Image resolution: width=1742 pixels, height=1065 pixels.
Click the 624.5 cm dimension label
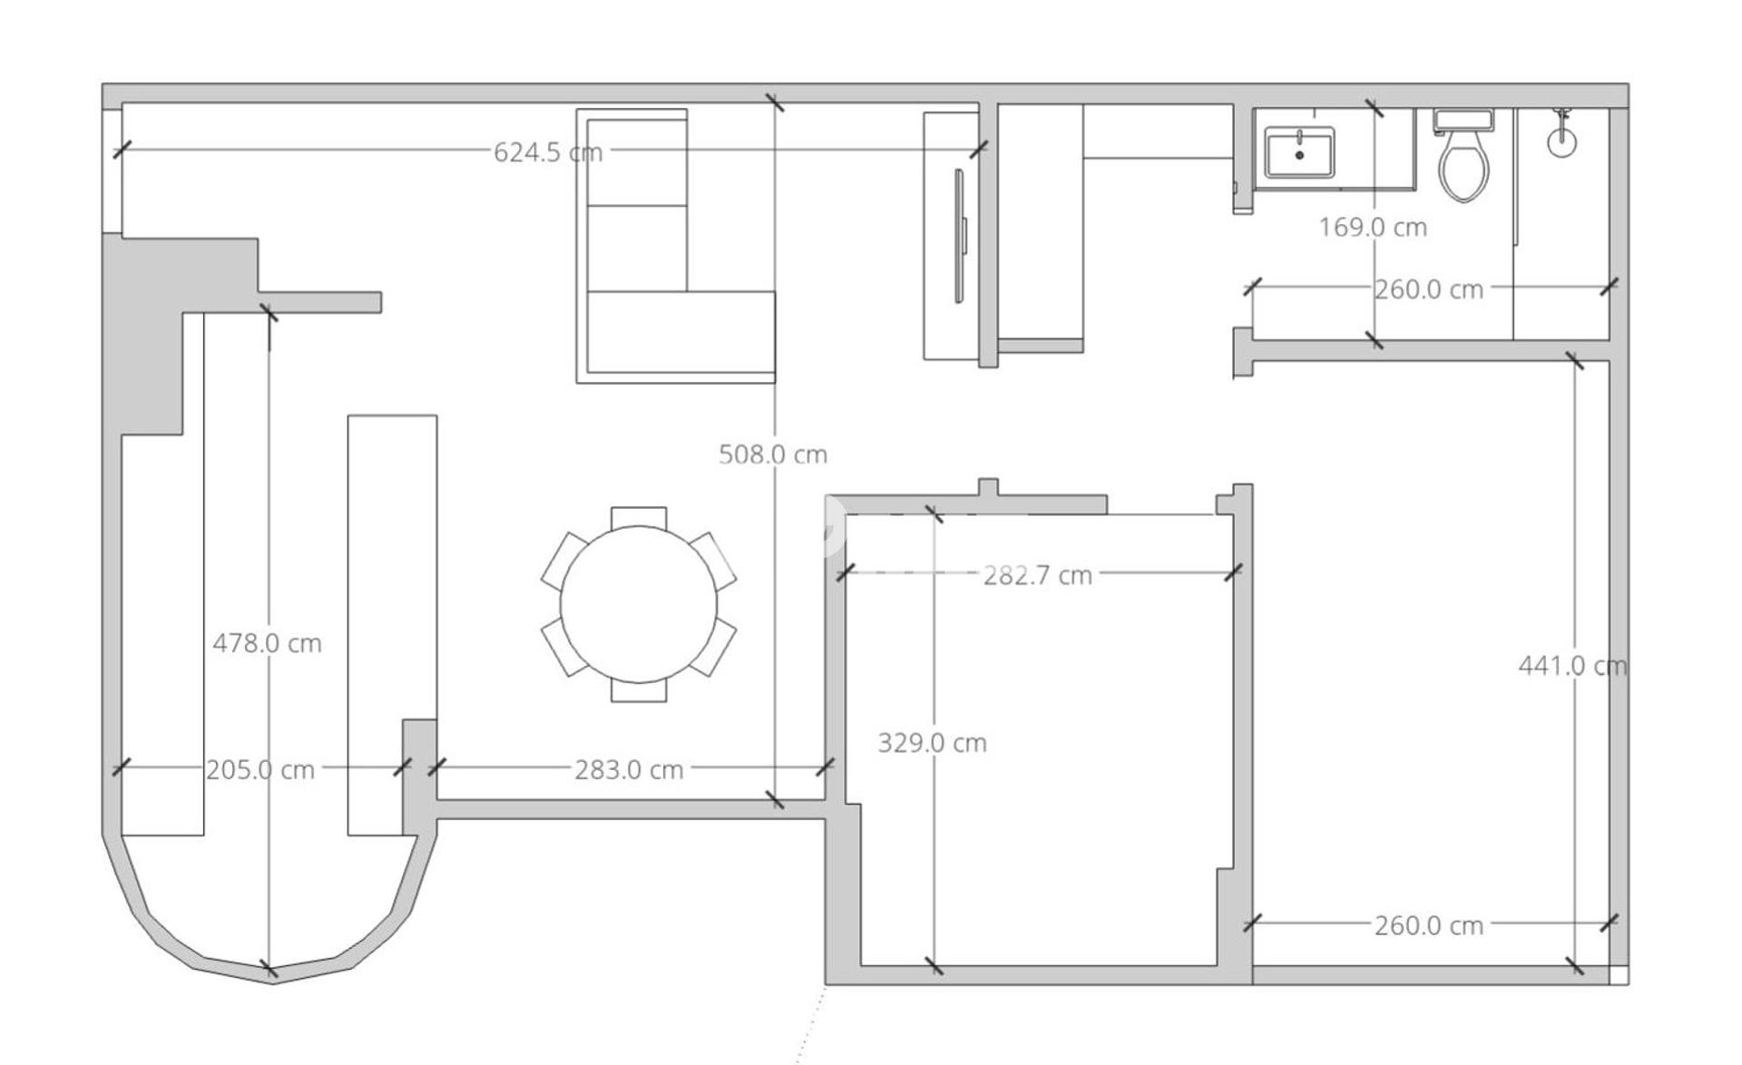(x=548, y=151)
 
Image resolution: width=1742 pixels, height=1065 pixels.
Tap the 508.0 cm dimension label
(x=773, y=454)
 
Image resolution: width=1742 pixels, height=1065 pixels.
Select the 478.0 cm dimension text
(x=267, y=643)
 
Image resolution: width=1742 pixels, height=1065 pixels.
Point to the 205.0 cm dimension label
(x=260, y=769)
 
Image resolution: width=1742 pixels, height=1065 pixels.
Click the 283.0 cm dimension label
(x=629, y=769)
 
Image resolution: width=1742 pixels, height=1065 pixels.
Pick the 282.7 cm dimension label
(x=1038, y=575)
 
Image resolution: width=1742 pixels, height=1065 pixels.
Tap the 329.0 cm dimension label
(x=932, y=743)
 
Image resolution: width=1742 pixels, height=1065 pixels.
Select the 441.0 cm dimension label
(x=1573, y=666)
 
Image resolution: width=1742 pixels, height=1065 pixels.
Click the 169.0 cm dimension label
(x=1373, y=227)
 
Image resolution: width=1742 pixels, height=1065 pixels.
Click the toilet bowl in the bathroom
(x=1463, y=168)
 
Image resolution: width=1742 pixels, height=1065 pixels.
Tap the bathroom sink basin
(x=1299, y=152)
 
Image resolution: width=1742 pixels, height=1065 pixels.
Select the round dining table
(x=639, y=604)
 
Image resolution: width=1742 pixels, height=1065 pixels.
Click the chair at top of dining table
(x=639, y=517)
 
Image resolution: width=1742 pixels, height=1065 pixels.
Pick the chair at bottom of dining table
(x=639, y=690)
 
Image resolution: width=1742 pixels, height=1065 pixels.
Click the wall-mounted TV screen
(x=959, y=236)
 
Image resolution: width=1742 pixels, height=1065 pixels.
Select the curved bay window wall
(x=270, y=916)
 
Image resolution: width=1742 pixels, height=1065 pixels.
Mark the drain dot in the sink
(x=1299, y=155)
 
